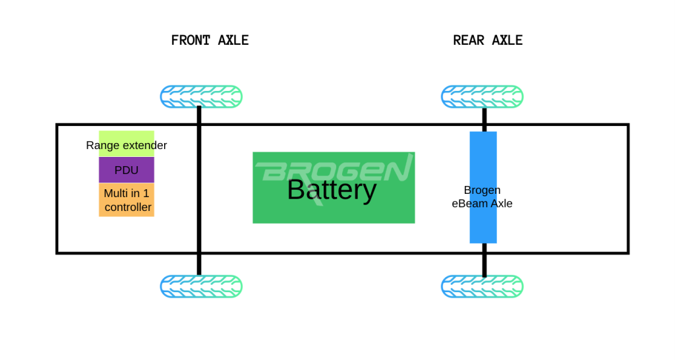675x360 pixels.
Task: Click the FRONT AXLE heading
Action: pos(210,40)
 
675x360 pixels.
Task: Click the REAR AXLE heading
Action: pos(488,40)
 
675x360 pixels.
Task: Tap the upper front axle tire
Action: pos(201,96)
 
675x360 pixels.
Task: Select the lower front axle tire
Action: pos(201,286)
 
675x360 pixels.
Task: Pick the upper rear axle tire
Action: pos(482,96)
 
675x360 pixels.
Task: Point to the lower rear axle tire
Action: pos(482,286)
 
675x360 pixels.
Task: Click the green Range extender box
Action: pos(127,144)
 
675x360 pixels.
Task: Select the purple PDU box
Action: pos(127,170)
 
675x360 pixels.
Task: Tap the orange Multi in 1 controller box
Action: pos(127,200)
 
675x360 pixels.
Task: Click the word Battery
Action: pos(332,190)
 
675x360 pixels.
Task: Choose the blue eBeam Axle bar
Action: pos(483,187)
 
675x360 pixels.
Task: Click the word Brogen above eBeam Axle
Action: pos(482,190)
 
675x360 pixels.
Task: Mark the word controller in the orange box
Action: pos(129,207)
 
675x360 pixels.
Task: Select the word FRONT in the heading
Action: pos(191,40)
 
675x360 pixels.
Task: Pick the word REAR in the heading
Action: pos(469,40)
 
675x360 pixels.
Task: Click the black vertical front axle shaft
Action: pos(199,191)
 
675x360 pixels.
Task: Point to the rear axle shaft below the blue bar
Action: pos(484,260)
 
